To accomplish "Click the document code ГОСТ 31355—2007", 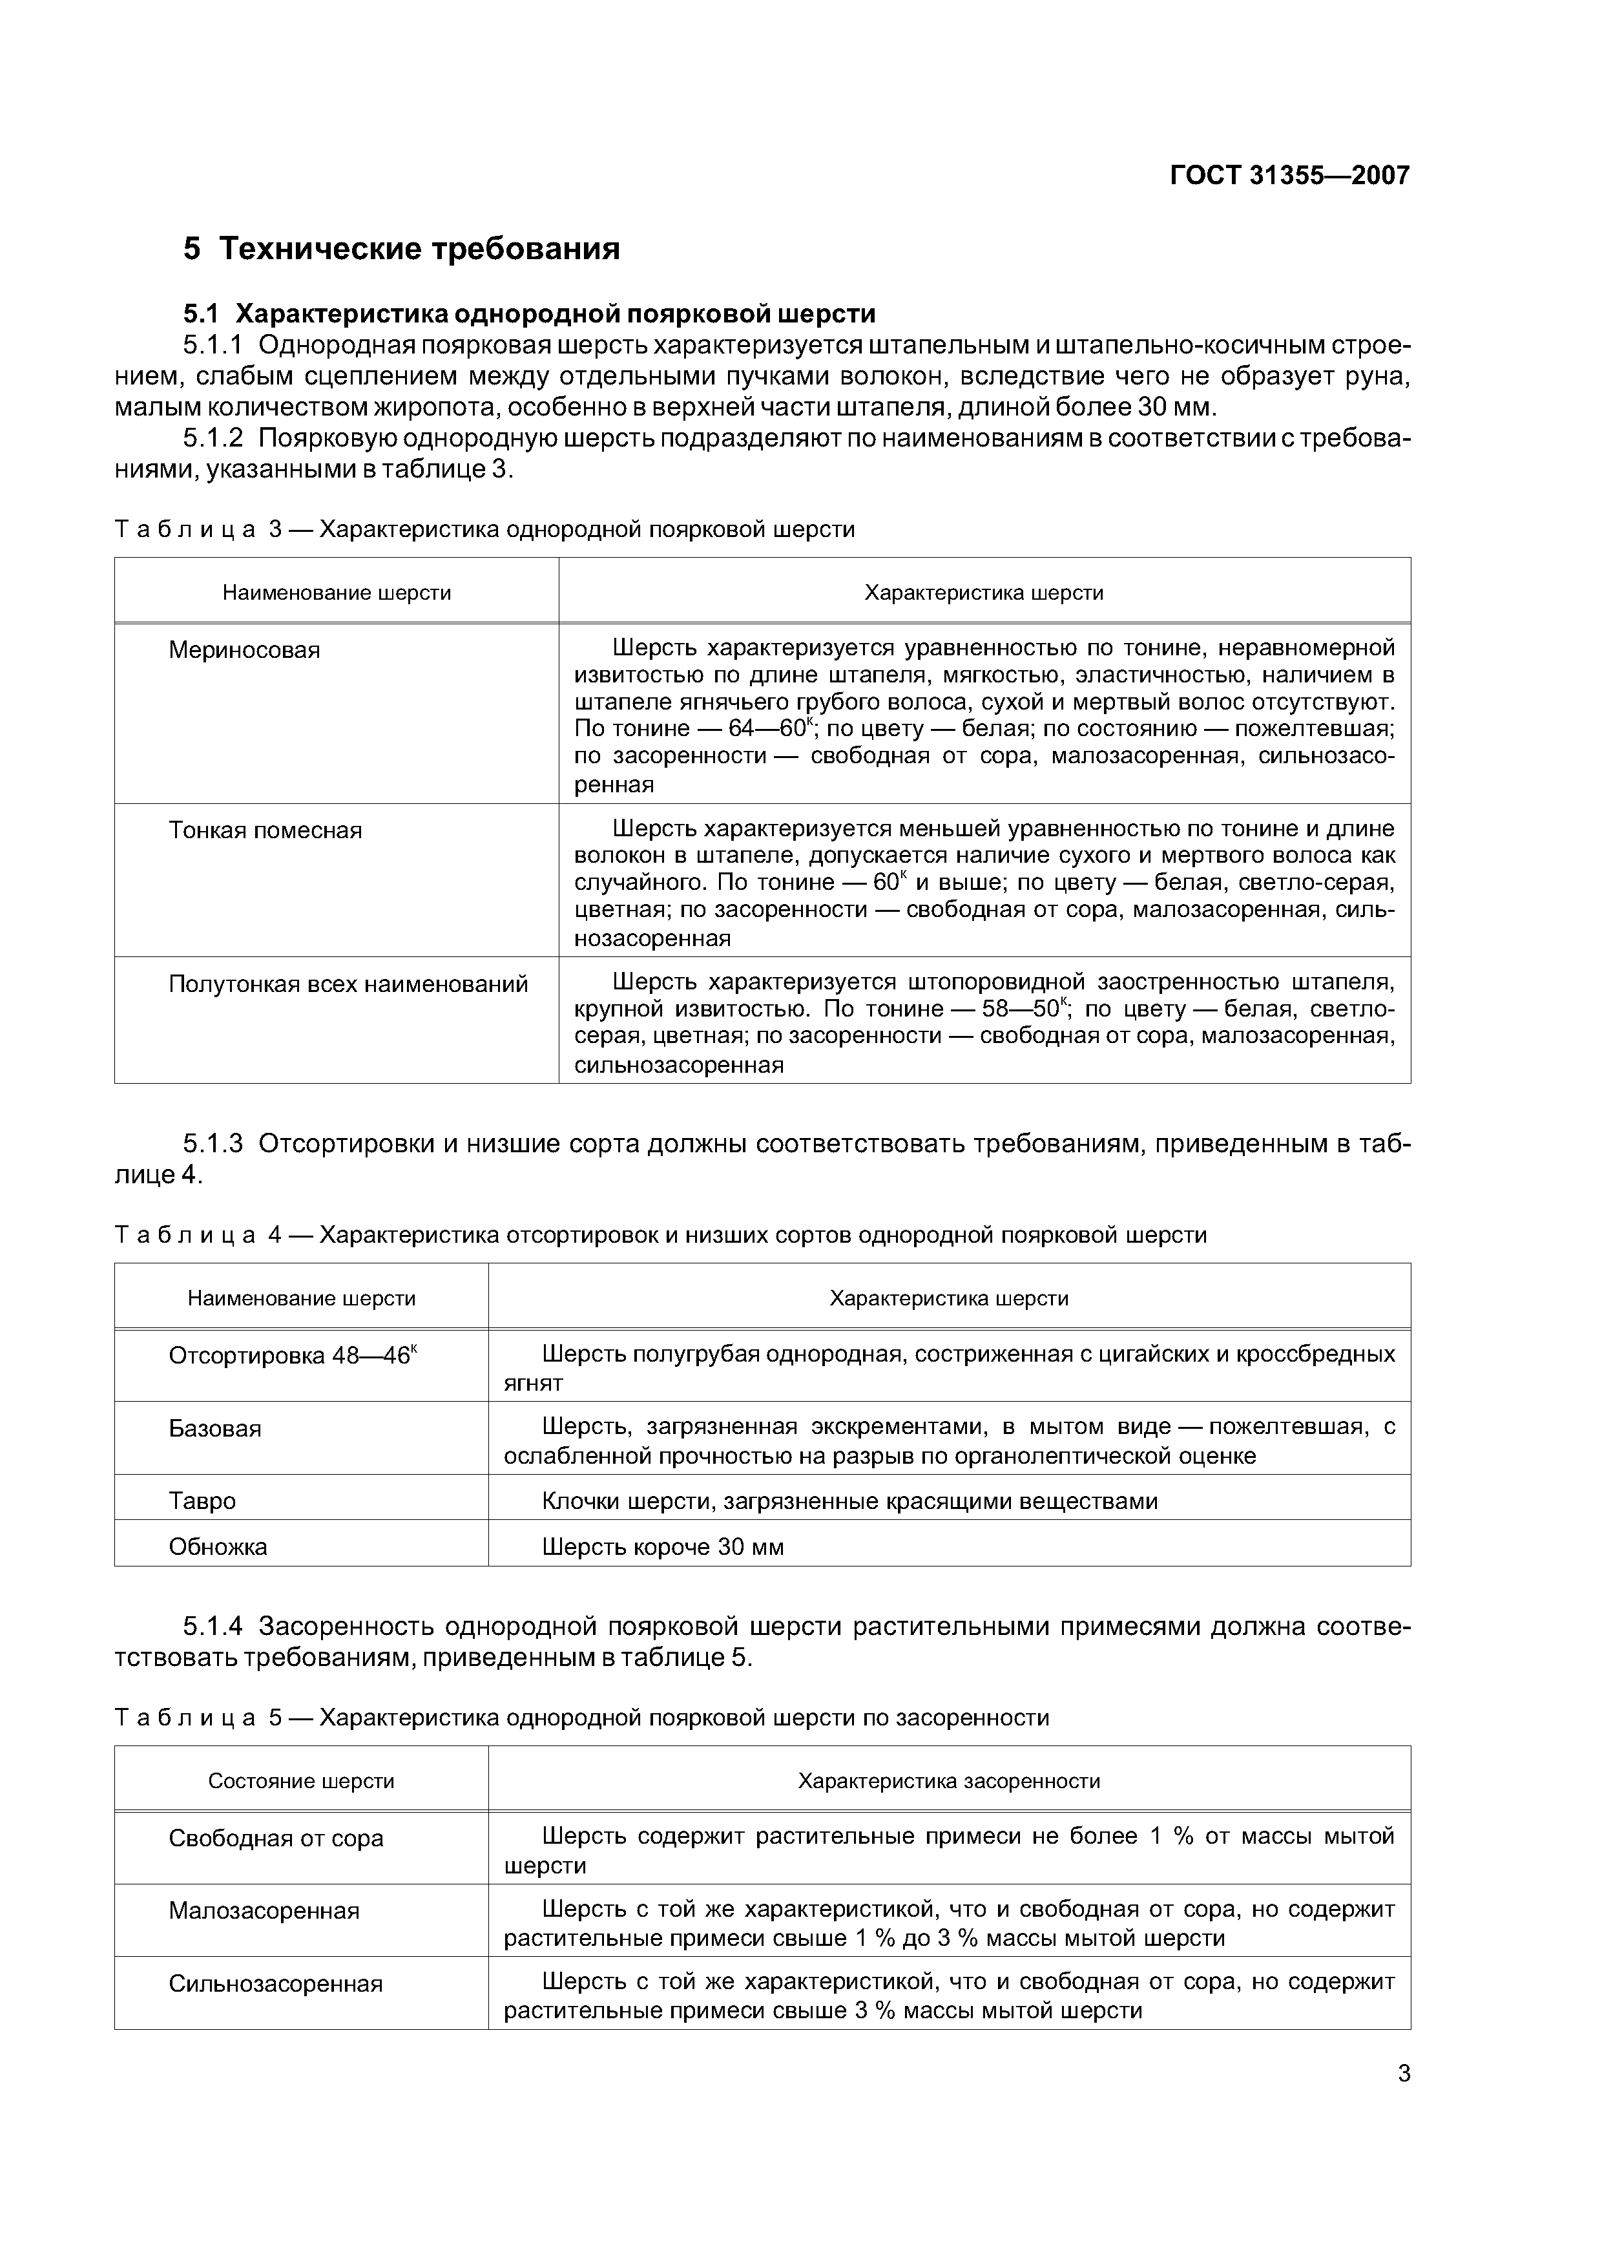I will click(1289, 176).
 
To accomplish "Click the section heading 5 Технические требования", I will click(402, 249).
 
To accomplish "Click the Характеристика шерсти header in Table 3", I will click(983, 593).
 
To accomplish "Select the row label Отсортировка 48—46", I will click(292, 1356).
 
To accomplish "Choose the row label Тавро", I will click(202, 1501).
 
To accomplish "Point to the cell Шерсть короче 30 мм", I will click(662, 1546).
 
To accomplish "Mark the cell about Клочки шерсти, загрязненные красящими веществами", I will click(849, 1501).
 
